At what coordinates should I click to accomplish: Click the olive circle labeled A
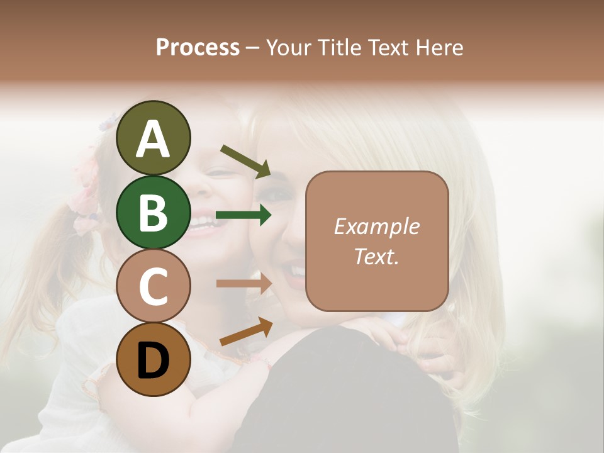(153, 138)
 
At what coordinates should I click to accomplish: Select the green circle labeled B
(153, 212)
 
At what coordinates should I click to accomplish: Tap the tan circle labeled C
(153, 286)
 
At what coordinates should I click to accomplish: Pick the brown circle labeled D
(153, 361)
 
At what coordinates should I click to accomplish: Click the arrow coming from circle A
(245, 160)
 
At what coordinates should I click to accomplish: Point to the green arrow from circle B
(243, 216)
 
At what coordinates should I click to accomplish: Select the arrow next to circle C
(243, 284)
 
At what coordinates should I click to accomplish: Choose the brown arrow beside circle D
(245, 332)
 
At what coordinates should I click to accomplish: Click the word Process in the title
(198, 47)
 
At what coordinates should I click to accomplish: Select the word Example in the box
(376, 226)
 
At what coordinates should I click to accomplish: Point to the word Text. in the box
(376, 256)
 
